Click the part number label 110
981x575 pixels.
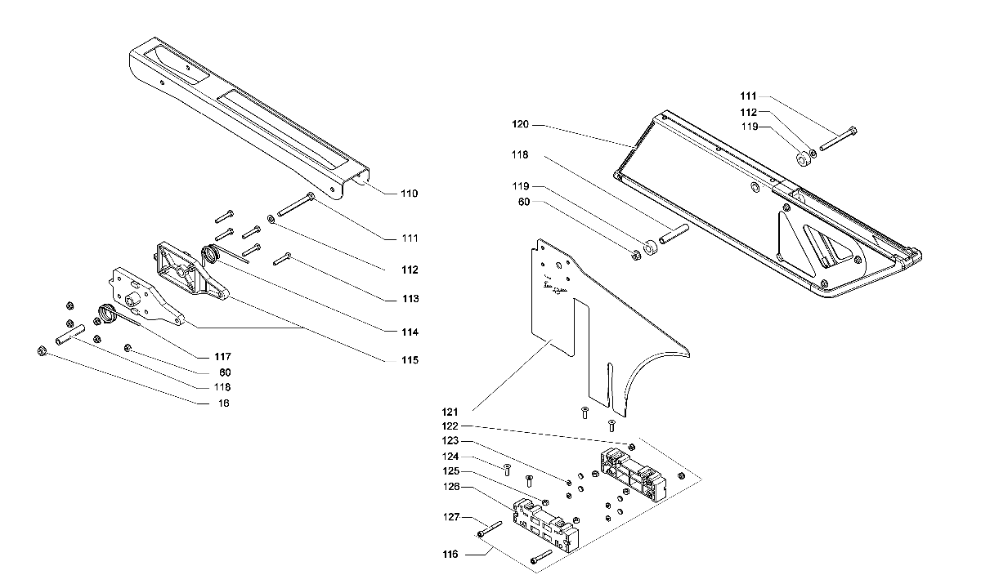point(409,194)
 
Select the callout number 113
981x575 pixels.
point(410,299)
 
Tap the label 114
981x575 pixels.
point(410,332)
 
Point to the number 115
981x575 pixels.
point(410,360)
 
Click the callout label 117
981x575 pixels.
point(222,357)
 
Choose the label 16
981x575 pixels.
point(223,403)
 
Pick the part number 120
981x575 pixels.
point(520,124)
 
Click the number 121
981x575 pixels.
point(450,412)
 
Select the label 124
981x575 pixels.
point(450,457)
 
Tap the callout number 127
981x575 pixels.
point(451,517)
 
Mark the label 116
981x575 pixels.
point(450,555)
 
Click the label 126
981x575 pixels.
point(451,487)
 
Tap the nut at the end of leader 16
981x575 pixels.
point(42,350)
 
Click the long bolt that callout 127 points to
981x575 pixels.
point(490,528)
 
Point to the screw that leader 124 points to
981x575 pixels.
point(507,470)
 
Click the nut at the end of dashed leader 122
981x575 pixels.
point(631,447)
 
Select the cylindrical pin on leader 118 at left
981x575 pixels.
point(70,335)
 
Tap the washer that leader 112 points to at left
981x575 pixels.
point(271,218)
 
